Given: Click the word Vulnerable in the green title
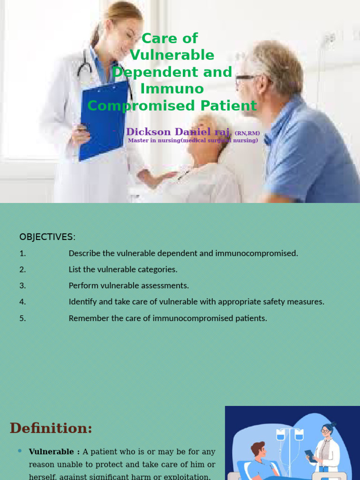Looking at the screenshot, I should coord(172,55).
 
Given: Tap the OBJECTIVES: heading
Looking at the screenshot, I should coord(47,237).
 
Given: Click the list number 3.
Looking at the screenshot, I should coord(22,285).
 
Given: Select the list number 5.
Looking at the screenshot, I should coord(22,318).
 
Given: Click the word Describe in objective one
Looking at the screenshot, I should coord(85,253).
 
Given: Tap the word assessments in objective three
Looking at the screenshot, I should coord(165,285).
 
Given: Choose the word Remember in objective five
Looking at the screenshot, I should coord(88,318).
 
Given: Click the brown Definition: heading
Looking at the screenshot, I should coord(51,428).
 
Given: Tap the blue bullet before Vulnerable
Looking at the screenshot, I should coord(20,451).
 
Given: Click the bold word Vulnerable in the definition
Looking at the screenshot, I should coord(51,452).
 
